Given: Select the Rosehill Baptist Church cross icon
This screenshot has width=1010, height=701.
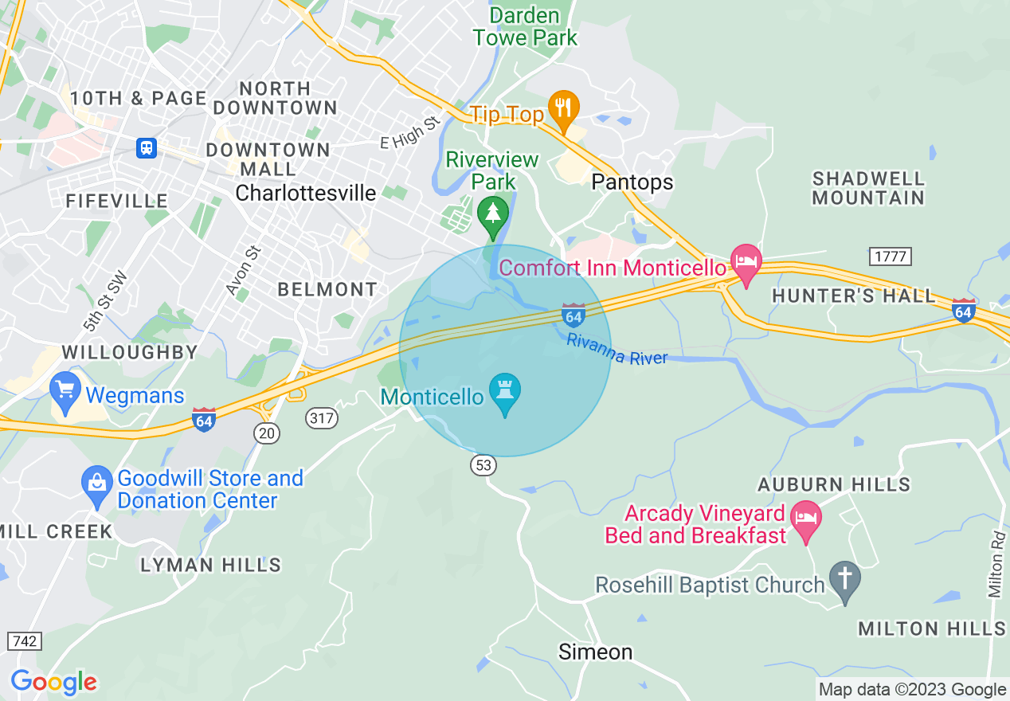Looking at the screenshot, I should tap(844, 582).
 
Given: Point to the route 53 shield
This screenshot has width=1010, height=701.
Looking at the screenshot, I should tap(483, 464).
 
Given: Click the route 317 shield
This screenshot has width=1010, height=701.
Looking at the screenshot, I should tap(321, 417).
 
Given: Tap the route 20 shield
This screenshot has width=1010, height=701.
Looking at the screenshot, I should tap(267, 433).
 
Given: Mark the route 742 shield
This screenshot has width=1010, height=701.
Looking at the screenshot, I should tap(23, 640).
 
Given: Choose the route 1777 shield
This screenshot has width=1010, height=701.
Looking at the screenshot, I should tap(891, 256).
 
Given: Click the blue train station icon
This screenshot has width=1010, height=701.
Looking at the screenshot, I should tap(147, 147).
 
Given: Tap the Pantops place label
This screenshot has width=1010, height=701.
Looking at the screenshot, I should tap(632, 182).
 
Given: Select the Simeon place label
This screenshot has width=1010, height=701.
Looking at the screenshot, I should tap(595, 652).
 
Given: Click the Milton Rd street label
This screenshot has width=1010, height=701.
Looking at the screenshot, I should tap(996, 564).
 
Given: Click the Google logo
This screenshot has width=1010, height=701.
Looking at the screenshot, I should tap(53, 682).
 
